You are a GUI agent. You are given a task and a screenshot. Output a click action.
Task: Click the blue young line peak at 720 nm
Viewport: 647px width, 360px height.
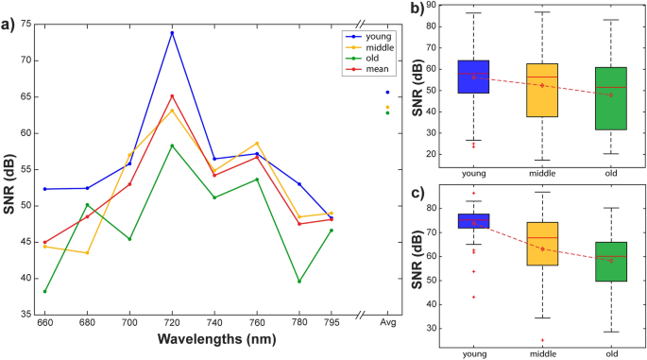pyautogui.click(x=172, y=33)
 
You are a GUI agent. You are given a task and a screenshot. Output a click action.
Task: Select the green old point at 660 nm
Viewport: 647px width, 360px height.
pyautogui.click(x=44, y=291)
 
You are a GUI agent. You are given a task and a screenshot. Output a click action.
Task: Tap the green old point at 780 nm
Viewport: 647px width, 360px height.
pyautogui.click(x=299, y=281)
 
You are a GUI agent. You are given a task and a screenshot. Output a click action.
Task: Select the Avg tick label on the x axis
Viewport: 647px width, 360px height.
pyautogui.click(x=387, y=323)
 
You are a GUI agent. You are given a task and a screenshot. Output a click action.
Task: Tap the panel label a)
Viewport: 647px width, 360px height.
pyautogui.click(x=9, y=25)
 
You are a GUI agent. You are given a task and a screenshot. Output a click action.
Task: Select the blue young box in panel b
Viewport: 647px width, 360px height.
pyautogui.click(x=473, y=77)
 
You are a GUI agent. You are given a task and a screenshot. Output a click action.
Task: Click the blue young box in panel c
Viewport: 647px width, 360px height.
pyautogui.click(x=473, y=221)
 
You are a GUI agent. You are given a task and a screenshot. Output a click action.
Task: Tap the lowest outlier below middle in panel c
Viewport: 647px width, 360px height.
pyautogui.click(x=542, y=340)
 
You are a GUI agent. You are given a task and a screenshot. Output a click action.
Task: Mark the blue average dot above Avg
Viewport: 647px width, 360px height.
pyautogui.click(x=387, y=92)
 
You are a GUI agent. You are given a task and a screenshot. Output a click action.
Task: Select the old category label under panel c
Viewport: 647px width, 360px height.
pyautogui.click(x=611, y=352)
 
